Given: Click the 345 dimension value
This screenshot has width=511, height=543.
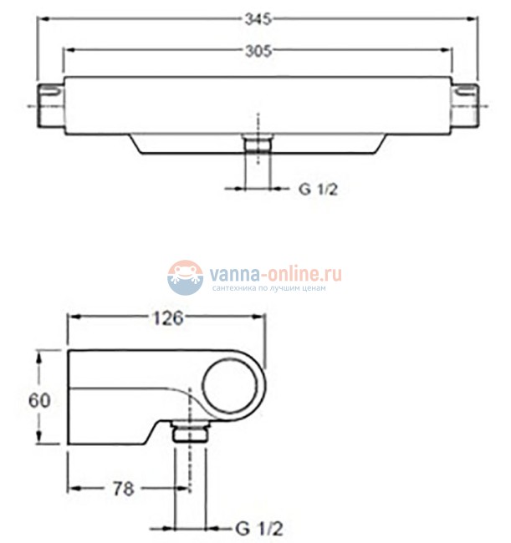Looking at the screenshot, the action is (x=258, y=19).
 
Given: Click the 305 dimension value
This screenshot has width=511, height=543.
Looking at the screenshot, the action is (x=258, y=51).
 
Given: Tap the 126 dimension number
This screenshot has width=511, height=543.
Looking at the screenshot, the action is (x=168, y=318).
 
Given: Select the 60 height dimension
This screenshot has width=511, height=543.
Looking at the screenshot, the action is (x=39, y=401).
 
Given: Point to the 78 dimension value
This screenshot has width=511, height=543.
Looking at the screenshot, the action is (x=124, y=489).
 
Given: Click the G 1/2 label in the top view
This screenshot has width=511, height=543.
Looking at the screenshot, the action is (x=318, y=190).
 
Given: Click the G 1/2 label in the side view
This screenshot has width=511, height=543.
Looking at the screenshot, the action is (x=259, y=529).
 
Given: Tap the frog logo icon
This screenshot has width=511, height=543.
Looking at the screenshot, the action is (x=185, y=277).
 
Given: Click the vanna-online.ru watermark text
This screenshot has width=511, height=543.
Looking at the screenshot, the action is (x=276, y=274).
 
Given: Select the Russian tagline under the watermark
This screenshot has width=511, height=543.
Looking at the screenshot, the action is (x=268, y=288).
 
